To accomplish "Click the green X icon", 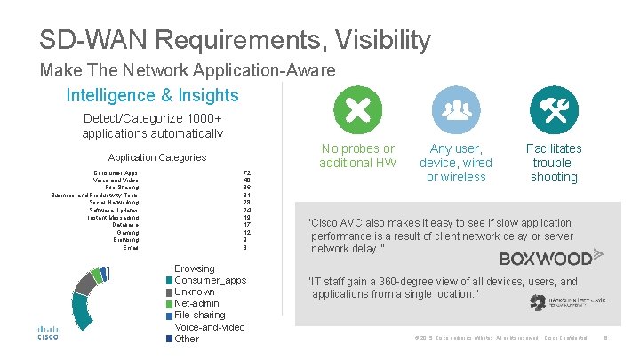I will click(357, 110).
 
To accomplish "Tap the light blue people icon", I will click(455, 110).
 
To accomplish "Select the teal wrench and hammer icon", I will click(553, 110).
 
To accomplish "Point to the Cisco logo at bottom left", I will click(48, 332).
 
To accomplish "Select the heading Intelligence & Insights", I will click(152, 95).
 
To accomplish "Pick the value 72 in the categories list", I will click(246, 172).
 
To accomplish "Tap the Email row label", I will click(131, 247).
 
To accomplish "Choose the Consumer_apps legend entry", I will click(210, 280).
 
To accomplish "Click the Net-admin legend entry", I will click(197, 303).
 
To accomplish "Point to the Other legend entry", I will click(187, 338).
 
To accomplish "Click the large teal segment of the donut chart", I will click(83, 311).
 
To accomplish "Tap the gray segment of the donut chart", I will click(84, 284).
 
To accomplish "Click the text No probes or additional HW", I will click(357, 156).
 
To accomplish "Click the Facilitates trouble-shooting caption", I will click(553, 163).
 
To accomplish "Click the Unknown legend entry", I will click(194, 292).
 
